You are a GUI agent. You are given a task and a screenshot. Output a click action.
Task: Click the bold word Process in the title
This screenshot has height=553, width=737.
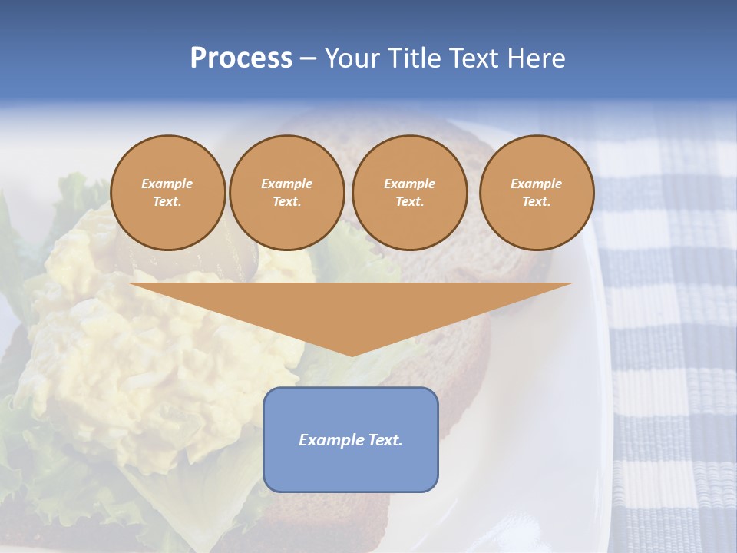(x=241, y=58)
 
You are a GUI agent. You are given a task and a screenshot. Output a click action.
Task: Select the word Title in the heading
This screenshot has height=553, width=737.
(x=416, y=58)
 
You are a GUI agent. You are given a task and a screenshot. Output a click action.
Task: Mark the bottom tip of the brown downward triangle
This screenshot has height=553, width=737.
(x=352, y=355)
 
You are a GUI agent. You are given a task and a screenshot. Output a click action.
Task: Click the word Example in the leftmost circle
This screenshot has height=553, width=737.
(x=167, y=184)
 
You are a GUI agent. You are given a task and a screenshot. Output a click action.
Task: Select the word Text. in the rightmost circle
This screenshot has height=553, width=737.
(x=536, y=201)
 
